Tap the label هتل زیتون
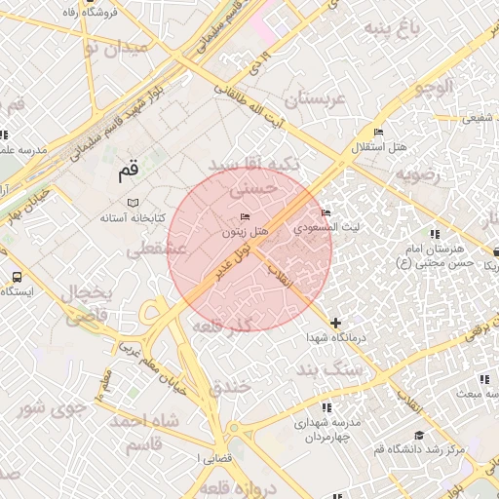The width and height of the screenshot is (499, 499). point(245,232)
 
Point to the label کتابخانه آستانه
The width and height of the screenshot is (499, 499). point(133,217)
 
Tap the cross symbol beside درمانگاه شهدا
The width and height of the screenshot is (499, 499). point(336,323)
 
